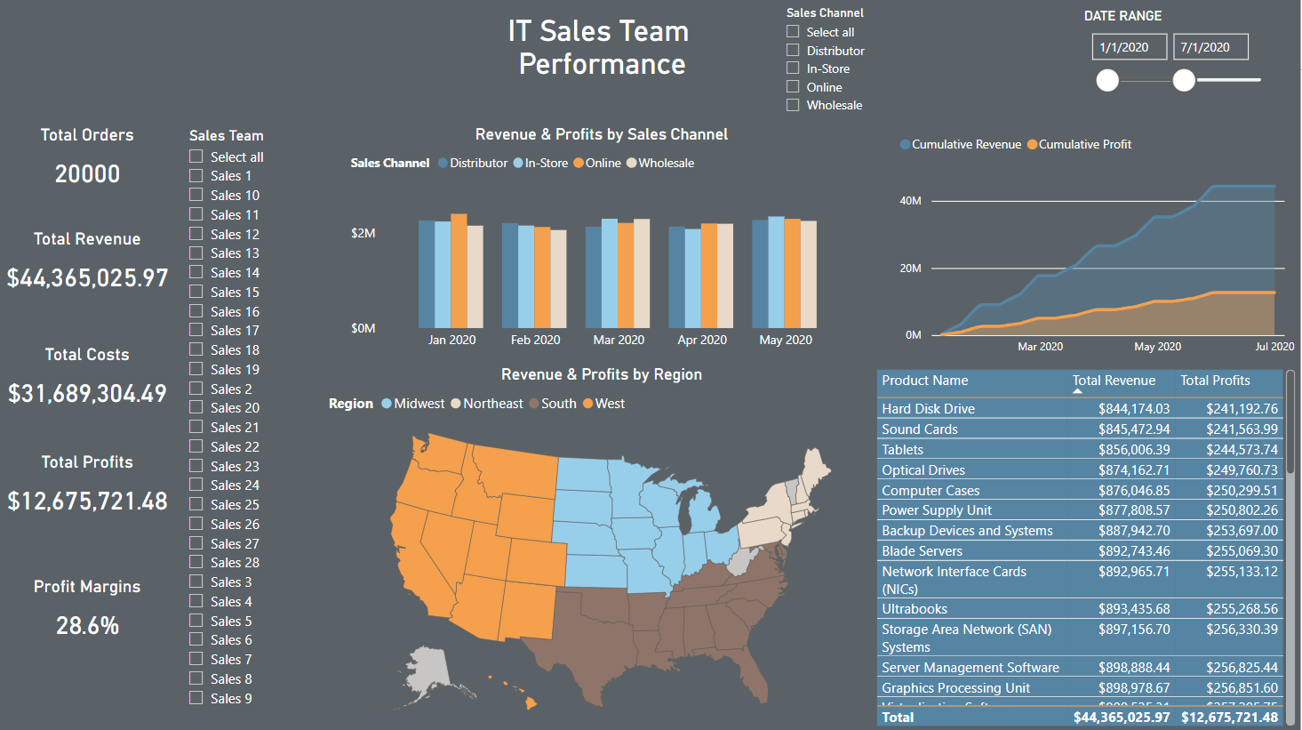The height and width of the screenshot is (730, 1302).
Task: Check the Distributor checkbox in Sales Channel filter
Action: point(793,51)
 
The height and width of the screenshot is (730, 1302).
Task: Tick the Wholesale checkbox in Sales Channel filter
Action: point(793,105)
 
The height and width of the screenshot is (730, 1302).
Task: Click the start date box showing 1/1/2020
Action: point(1129,47)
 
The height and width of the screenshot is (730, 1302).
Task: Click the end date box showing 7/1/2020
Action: point(1210,47)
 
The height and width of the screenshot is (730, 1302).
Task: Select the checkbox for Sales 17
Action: point(196,330)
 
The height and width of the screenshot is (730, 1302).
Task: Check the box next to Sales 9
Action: point(196,698)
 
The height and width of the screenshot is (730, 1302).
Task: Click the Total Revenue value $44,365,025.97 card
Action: point(87,278)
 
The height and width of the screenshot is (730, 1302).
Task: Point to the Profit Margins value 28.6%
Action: point(87,626)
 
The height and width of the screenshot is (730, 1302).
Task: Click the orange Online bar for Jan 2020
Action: point(459,271)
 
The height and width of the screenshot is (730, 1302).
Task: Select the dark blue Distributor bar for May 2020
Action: point(760,274)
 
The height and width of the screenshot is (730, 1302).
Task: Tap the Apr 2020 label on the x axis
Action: point(702,340)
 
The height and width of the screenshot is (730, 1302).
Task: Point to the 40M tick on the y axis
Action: point(910,201)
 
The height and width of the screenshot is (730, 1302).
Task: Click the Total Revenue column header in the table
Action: point(1114,381)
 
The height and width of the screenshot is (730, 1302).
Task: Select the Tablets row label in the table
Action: point(902,450)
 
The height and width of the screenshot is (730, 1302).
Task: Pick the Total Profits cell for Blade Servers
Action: point(1242,551)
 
